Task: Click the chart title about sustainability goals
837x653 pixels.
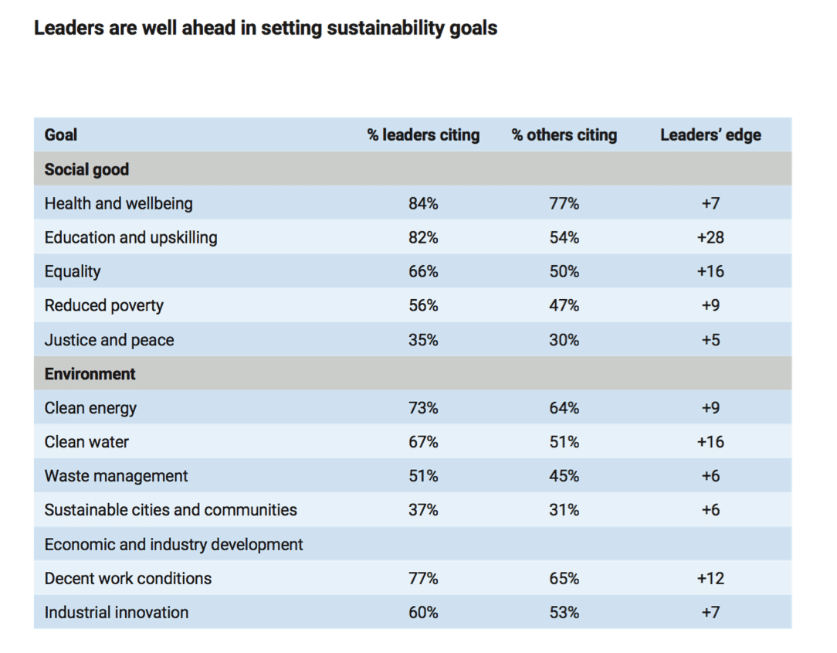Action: (266, 29)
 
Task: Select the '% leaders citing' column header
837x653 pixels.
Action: (423, 135)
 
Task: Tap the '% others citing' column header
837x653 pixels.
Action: (564, 135)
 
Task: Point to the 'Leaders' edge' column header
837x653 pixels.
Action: (710, 135)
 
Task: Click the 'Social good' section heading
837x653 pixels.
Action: (86, 169)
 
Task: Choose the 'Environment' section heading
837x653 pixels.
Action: (90, 374)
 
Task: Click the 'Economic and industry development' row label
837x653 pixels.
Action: (174, 544)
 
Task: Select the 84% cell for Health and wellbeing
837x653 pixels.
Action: (423, 204)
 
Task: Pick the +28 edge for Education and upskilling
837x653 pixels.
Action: (710, 237)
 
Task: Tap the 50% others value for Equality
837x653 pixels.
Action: (564, 271)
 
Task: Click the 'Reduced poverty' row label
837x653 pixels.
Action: (104, 305)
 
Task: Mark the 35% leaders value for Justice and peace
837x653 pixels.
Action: (423, 340)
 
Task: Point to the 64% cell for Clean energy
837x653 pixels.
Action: (564, 408)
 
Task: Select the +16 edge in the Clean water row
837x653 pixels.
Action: (710, 442)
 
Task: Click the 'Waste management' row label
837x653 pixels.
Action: (116, 476)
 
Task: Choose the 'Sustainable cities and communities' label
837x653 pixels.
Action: (171, 510)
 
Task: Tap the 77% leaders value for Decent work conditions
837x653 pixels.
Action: (423, 578)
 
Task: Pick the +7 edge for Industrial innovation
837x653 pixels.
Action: (710, 612)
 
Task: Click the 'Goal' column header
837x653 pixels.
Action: (61, 135)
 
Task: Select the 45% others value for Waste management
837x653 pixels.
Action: (564, 476)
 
